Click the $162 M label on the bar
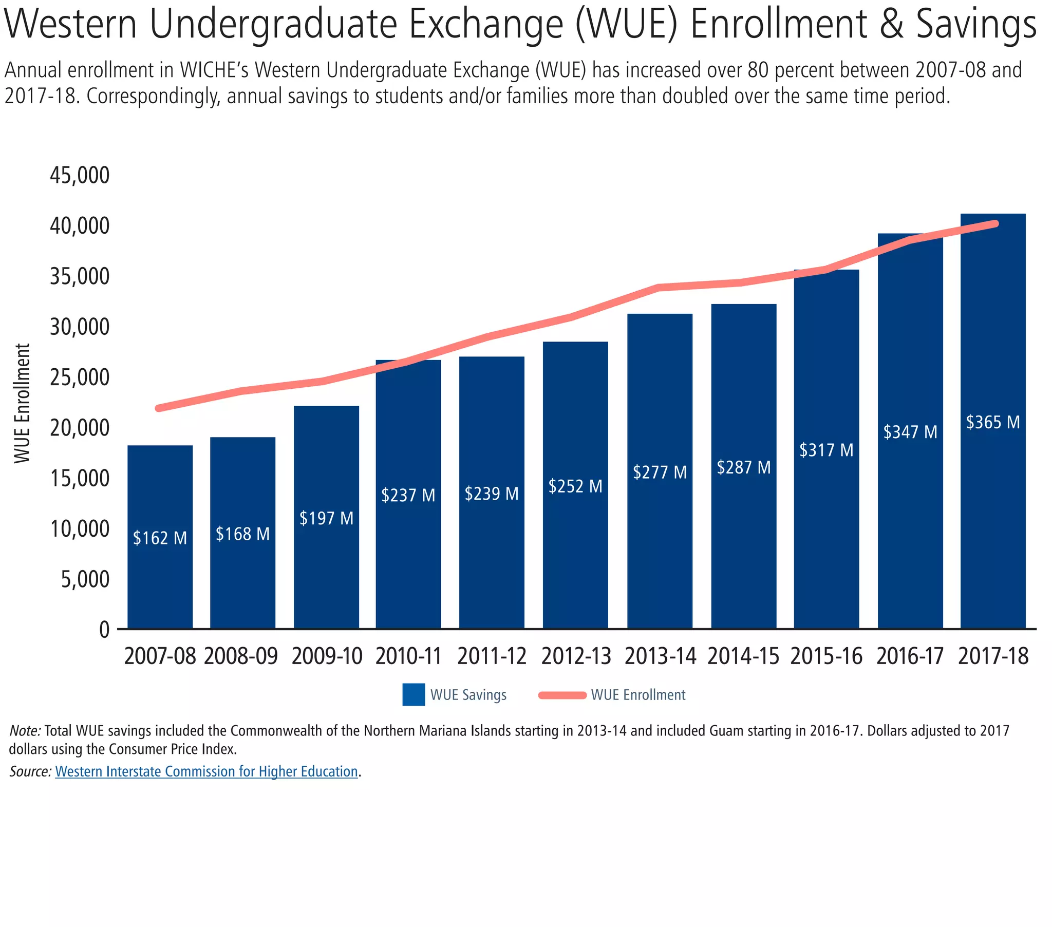click(x=160, y=538)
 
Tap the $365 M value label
click(x=992, y=422)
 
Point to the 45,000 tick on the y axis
click(x=80, y=175)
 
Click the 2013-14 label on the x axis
click(x=660, y=656)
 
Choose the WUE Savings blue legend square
click(x=414, y=694)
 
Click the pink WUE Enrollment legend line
click(x=562, y=695)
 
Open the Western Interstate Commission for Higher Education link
click(x=206, y=771)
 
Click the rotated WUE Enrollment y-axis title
click(x=22, y=403)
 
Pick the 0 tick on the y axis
click(x=104, y=630)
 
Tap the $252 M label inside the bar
click(x=575, y=486)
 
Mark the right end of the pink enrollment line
click(x=995, y=224)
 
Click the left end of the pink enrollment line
click(x=159, y=408)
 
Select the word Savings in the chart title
click(x=976, y=24)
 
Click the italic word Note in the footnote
click(x=25, y=730)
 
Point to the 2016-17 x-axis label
click(x=909, y=656)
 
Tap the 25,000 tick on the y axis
click(x=80, y=377)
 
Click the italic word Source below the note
click(x=30, y=771)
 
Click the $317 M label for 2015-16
click(x=826, y=450)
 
